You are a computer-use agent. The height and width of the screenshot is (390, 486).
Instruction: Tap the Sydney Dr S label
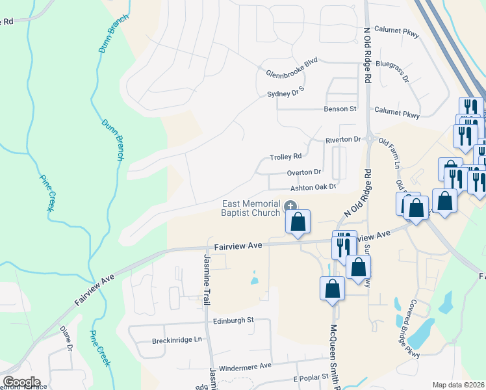(x=286, y=95)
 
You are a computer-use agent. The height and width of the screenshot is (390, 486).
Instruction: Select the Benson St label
(x=340, y=109)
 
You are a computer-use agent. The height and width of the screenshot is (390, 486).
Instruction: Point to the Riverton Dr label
(x=343, y=140)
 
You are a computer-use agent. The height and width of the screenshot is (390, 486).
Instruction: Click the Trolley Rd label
(x=286, y=157)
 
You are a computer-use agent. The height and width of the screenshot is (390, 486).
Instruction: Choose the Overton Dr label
(x=304, y=172)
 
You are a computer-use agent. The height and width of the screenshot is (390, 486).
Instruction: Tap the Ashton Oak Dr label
(x=313, y=188)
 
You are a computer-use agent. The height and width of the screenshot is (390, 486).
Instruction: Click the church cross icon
(x=289, y=204)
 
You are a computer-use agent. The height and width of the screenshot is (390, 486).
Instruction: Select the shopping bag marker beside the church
(x=298, y=222)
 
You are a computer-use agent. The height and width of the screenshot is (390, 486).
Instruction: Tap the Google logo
(x=21, y=382)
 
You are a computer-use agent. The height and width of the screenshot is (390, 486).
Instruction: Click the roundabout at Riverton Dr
(x=368, y=138)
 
